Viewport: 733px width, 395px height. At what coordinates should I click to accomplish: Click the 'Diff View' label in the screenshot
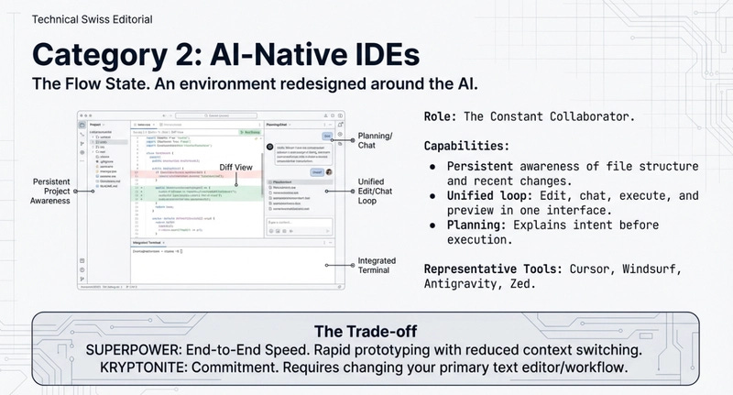pyautogui.click(x=235, y=168)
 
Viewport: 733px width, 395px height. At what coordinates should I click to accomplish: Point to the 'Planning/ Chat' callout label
pyautogui.click(x=374, y=140)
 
